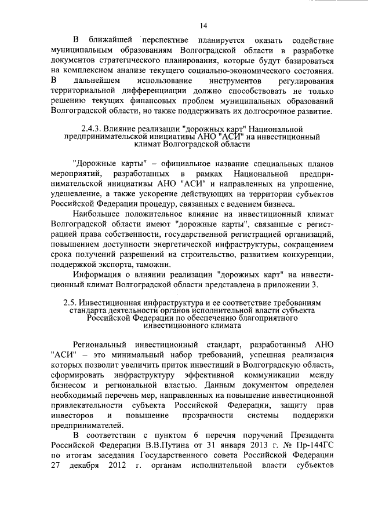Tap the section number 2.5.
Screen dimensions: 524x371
pyautogui.click(x=70, y=303)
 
